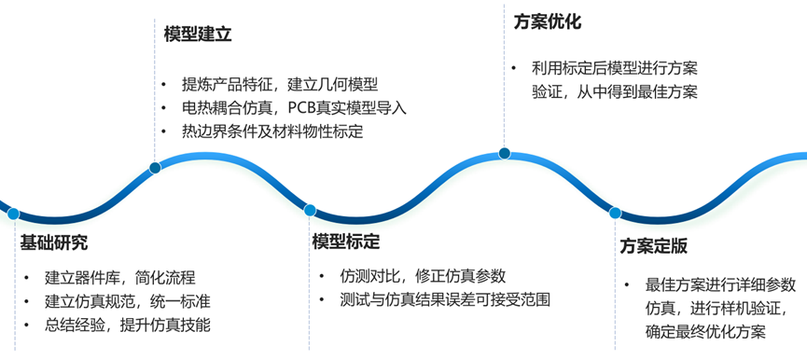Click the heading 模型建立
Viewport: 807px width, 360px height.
coord(197,35)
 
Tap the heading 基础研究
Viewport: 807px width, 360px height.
coord(54,243)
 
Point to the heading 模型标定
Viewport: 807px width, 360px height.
coord(346,242)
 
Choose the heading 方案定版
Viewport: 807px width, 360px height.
coord(654,247)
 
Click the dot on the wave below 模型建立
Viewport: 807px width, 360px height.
coord(155,168)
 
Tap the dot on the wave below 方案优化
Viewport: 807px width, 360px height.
coord(505,153)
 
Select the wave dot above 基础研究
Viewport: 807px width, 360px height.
coord(13,214)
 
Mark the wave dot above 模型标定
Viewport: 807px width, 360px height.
coord(310,210)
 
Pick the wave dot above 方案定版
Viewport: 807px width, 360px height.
coord(615,213)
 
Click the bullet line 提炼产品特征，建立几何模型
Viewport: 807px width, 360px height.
coord(280,85)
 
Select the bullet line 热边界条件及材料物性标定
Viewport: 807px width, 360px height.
coord(271,132)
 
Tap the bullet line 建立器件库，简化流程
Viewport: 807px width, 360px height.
coord(119,277)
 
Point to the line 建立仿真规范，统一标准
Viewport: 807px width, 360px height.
coord(126,301)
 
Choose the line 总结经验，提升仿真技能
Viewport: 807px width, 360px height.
coord(126,325)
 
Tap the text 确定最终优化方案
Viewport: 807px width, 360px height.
coord(705,332)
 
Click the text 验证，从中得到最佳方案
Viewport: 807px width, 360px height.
coord(614,92)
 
